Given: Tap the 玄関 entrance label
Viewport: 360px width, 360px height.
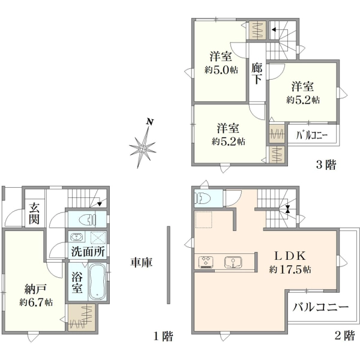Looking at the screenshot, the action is click(x=34, y=213).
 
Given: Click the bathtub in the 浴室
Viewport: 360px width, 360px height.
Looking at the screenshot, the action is click(x=97, y=282).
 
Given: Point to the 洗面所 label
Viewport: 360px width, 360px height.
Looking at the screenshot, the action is click(x=88, y=251).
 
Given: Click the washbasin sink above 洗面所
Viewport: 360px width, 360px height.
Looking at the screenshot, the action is click(x=77, y=237).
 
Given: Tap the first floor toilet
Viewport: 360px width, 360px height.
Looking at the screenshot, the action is click(x=88, y=220).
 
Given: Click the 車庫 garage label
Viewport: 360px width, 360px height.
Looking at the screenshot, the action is click(x=142, y=262).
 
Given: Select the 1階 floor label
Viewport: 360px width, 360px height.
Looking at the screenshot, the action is click(x=163, y=337).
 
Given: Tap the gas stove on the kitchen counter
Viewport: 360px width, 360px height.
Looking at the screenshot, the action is click(x=206, y=262).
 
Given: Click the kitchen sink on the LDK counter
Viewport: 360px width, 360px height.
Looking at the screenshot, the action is click(x=233, y=262).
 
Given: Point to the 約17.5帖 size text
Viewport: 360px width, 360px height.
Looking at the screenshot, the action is click(x=290, y=269).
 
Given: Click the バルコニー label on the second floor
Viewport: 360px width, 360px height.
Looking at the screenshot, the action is click(x=320, y=307).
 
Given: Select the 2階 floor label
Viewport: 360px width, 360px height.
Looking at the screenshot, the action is click(x=345, y=337).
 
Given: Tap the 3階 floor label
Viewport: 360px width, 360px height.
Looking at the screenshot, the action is click(x=326, y=164).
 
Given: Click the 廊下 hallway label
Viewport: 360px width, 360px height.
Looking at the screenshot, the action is click(x=257, y=73).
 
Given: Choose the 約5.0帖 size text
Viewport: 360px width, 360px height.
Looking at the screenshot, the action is click(x=221, y=70).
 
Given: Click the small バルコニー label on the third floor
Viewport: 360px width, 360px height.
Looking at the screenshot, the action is click(x=311, y=136).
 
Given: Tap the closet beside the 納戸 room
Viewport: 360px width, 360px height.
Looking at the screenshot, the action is click(x=82, y=317).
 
